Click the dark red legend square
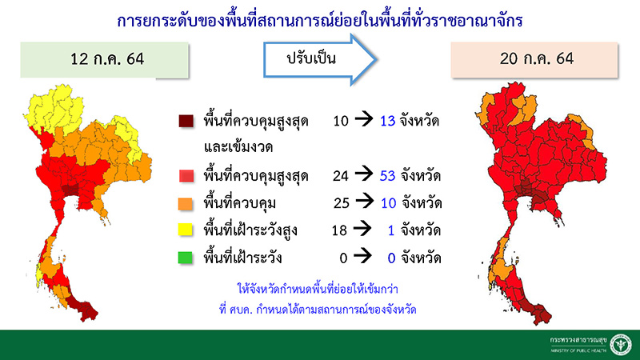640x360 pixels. point(186,122)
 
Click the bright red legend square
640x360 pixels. point(186,176)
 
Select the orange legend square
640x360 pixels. point(186,204)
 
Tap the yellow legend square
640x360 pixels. point(186,232)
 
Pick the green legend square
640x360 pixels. point(186,259)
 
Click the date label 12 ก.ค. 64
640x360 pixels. point(105,60)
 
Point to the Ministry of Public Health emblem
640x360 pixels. point(618,344)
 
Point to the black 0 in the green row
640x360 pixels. point(345,259)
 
